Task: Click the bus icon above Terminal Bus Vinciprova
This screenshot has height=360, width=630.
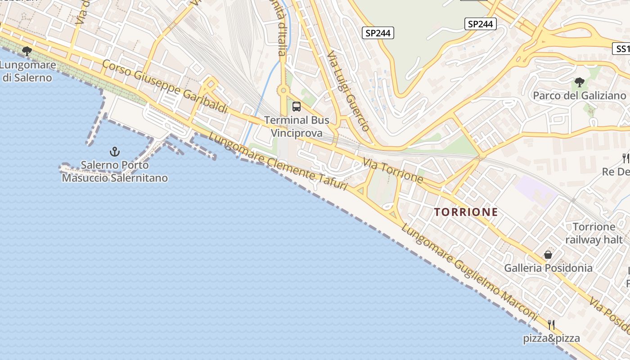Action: click(x=297, y=107)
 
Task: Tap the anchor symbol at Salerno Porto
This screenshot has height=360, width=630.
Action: click(x=115, y=152)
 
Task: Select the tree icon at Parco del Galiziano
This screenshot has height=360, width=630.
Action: click(x=580, y=82)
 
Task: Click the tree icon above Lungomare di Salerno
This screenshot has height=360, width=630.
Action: click(x=27, y=51)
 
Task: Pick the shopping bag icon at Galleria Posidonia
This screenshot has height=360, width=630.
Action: click(x=548, y=255)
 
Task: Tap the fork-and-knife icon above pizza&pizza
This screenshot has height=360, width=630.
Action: click(x=551, y=324)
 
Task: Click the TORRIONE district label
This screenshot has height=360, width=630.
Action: click(x=466, y=212)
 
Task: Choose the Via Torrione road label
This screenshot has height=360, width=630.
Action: click(x=393, y=170)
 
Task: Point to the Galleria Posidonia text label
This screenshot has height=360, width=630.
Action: click(x=548, y=268)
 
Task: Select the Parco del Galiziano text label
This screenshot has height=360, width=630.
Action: click(x=580, y=95)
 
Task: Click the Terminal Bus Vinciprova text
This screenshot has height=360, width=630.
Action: click(x=297, y=126)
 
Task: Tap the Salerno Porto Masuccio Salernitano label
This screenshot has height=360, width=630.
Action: click(x=115, y=171)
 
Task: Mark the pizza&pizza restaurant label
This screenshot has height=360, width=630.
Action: click(x=551, y=338)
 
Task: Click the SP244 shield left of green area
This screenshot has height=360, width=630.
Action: click(x=378, y=33)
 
